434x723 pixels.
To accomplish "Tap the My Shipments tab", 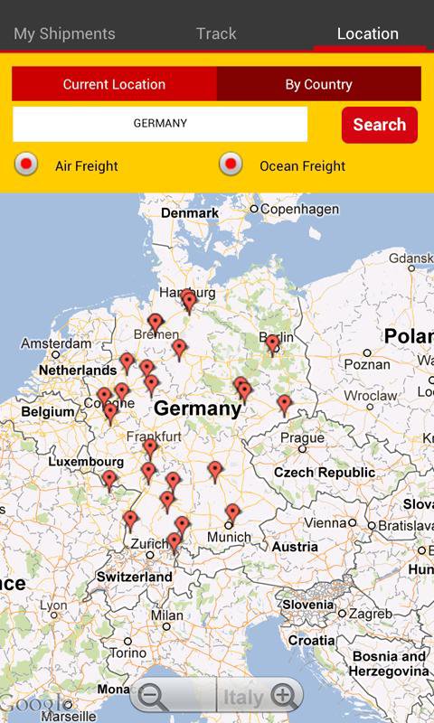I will click(64, 33).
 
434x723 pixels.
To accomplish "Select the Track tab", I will click(216, 33).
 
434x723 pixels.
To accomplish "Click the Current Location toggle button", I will click(114, 84).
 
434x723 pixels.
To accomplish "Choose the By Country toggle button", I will click(318, 84).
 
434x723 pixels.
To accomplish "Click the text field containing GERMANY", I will click(160, 124).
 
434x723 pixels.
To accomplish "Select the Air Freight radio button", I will click(27, 164).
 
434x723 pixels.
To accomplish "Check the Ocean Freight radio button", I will click(231, 164).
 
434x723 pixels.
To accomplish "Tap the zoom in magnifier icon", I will click(284, 696).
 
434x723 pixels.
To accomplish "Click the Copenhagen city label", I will click(287, 209).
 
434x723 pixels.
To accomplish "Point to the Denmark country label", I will click(190, 213).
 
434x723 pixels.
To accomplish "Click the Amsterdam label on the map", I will click(56, 344).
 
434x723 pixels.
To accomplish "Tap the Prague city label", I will click(302, 438).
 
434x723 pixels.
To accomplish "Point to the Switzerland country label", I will click(134, 577).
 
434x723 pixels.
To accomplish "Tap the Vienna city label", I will click(325, 523).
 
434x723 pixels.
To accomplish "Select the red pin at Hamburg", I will click(188, 300).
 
